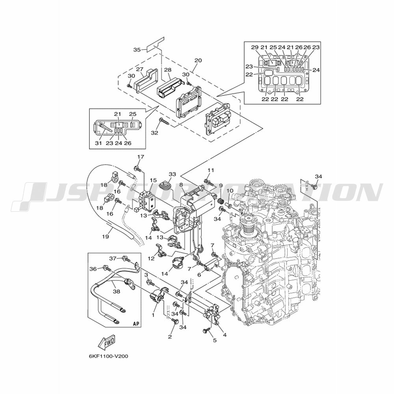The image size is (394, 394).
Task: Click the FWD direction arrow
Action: click(x=106, y=342)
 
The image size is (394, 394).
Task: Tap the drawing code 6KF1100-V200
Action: click(x=106, y=356)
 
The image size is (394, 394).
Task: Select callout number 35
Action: click(x=137, y=50)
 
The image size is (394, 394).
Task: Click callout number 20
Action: click(x=198, y=60)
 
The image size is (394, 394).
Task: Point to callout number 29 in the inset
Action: click(x=255, y=47)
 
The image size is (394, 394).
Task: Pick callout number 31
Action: click(x=98, y=143)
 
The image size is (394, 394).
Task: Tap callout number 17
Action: click(x=141, y=157)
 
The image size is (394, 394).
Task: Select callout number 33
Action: click(x=173, y=174)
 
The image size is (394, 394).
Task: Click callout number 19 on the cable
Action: click(x=106, y=236)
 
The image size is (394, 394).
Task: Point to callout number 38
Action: click(x=117, y=292)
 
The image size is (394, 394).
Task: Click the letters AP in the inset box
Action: click(x=136, y=323)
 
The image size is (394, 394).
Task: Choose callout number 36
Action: click(x=93, y=269)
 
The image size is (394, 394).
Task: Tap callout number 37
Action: click(x=113, y=258)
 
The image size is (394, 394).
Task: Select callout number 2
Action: click(x=170, y=336)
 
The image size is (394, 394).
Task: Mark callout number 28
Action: click(x=167, y=70)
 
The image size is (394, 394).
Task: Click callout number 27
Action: click(x=139, y=69)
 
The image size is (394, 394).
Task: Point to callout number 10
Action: click(x=230, y=191)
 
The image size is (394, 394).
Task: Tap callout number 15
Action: click(x=153, y=180)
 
